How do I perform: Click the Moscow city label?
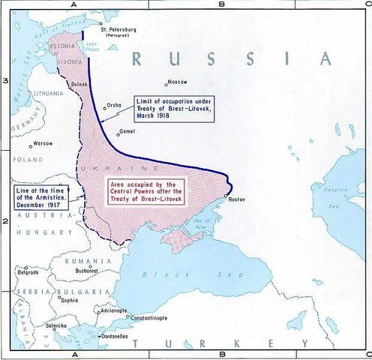point(178,81)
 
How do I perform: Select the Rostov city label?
point(237,199)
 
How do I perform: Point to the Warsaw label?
point(43,142)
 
